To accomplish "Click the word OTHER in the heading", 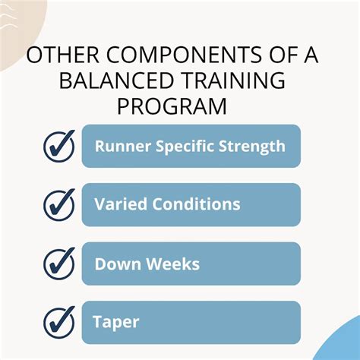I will click(x=62, y=57).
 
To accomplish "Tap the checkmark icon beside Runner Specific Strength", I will click(x=59, y=145).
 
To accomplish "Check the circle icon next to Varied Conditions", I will click(x=59, y=204).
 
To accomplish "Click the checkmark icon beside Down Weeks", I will click(x=59, y=264).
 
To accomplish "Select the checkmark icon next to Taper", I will click(x=59, y=322).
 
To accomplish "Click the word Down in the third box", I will click(x=114, y=264).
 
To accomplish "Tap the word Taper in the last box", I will click(x=116, y=322).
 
